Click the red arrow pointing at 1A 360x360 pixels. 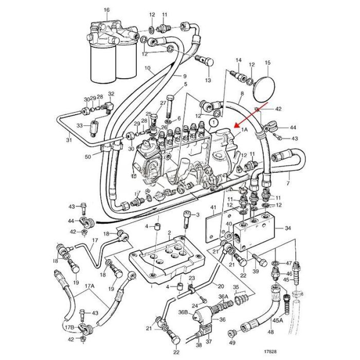click(249, 116)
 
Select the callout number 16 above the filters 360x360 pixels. click(106, 10)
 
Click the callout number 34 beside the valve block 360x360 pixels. click(287, 228)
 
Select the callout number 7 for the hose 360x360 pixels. click(288, 183)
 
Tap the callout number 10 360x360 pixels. click(147, 68)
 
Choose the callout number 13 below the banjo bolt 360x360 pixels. click(208, 81)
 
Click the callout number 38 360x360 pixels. click(197, 345)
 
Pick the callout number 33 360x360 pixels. click(80, 125)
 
